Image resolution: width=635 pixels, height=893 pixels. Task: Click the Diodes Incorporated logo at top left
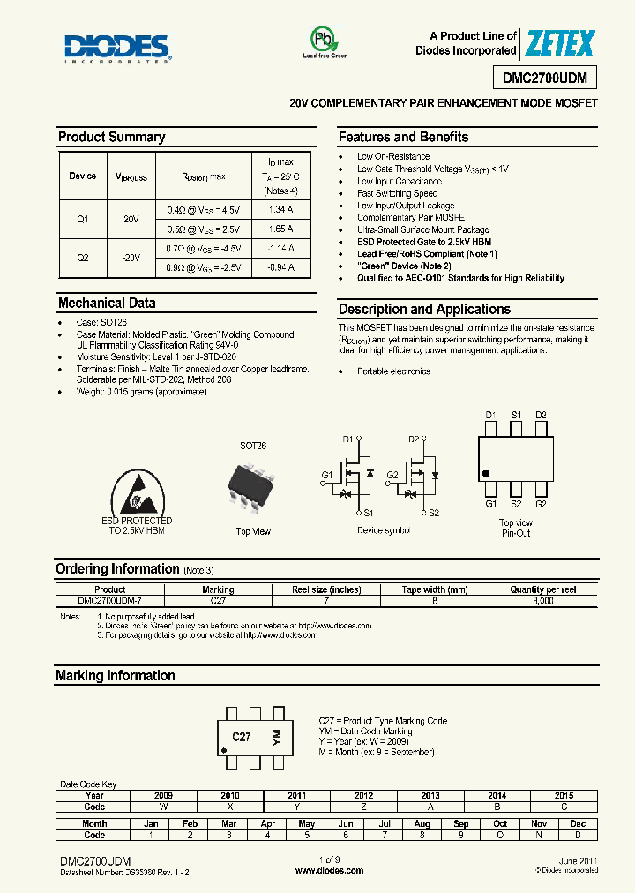click(117, 48)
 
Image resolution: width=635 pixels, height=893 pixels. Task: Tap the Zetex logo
click(560, 43)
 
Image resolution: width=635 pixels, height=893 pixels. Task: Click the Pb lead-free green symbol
click(325, 41)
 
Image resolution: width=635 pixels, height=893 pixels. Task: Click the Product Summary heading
click(111, 137)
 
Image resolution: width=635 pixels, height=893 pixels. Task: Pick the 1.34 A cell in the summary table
click(280, 210)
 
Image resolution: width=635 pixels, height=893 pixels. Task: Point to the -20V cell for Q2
click(131, 258)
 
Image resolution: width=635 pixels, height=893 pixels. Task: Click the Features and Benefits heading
click(403, 137)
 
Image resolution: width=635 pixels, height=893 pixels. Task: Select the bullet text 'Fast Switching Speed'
click(397, 193)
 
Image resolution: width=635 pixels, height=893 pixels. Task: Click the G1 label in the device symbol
click(326, 475)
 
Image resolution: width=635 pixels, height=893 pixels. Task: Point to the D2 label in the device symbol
click(414, 439)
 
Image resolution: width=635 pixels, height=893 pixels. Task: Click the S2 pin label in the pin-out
click(516, 504)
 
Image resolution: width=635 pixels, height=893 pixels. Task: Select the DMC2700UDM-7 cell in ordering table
click(110, 600)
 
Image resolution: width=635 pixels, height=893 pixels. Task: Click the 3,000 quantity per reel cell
click(543, 600)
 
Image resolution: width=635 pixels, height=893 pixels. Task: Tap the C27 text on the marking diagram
click(242, 736)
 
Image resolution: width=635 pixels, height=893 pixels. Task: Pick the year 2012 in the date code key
click(363, 795)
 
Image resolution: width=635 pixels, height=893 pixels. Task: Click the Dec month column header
click(578, 823)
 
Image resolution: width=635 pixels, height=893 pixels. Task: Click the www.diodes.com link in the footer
click(329, 870)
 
